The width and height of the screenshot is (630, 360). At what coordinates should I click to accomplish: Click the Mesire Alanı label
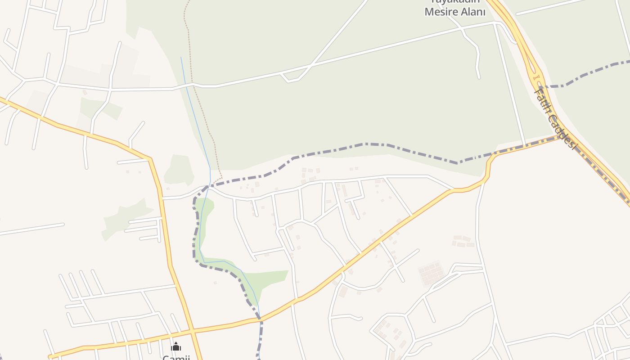coord(455,12)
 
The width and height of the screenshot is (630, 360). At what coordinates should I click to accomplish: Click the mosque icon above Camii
coord(176,346)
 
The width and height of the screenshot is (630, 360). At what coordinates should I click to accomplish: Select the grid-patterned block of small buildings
coord(432,273)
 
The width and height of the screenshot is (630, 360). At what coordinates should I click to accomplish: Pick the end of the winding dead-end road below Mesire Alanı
coord(479,77)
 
